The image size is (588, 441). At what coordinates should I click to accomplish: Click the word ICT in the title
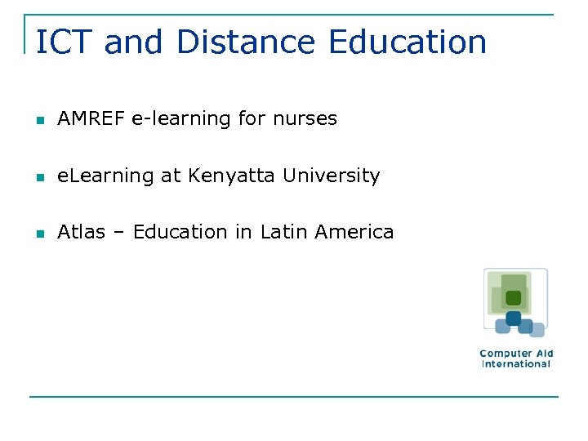point(65,42)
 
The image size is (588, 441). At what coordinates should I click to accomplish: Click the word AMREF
point(91,118)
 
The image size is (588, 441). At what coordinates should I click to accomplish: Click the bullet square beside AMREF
point(39,120)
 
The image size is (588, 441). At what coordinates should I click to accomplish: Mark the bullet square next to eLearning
point(39,177)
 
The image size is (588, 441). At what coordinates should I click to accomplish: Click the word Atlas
point(81,232)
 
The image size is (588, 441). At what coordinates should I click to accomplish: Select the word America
point(354,232)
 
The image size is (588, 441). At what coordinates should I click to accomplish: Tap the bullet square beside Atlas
point(39,234)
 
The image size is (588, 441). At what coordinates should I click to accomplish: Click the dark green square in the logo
point(513,298)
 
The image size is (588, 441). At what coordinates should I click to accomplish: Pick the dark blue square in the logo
point(514,318)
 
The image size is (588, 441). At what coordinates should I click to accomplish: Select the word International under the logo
point(516,364)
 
